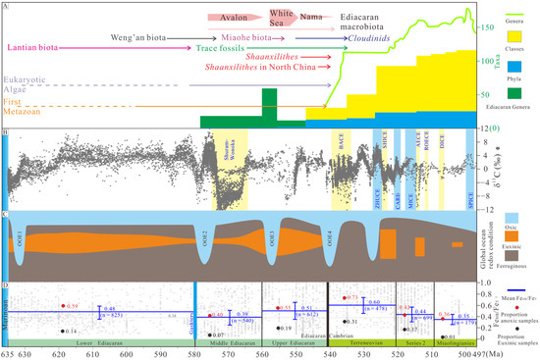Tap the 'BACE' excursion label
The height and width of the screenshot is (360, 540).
341,145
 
